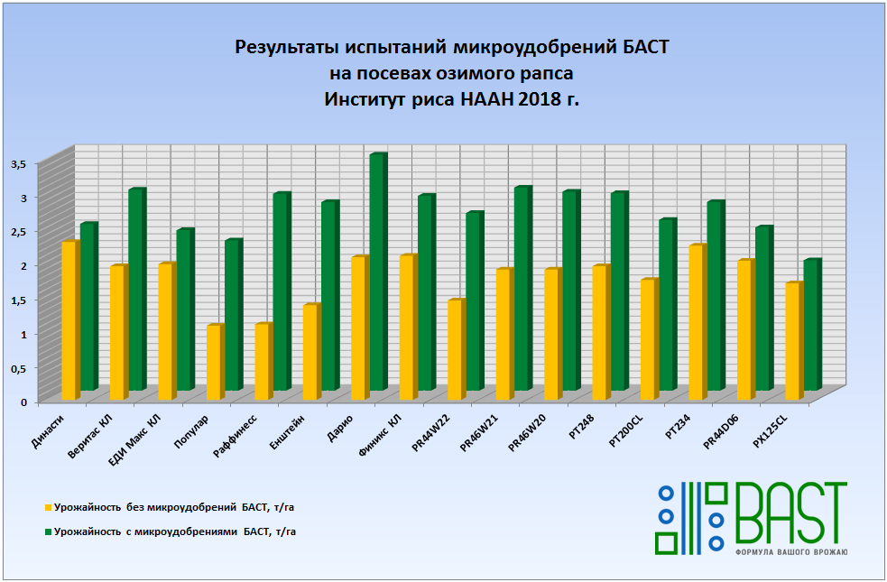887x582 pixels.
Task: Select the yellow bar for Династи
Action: tap(69, 321)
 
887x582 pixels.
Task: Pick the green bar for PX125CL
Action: tap(811, 325)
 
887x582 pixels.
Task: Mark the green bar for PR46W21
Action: tap(522, 289)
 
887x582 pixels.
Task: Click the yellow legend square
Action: tap(48, 508)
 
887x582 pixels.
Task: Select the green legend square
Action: tap(48, 532)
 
